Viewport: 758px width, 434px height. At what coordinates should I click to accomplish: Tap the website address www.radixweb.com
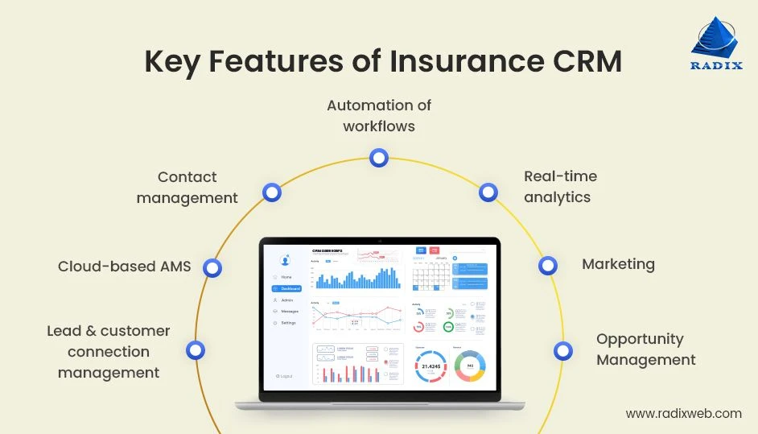pyautogui.click(x=683, y=413)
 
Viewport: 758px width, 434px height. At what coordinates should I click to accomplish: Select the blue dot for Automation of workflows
pyautogui.click(x=379, y=158)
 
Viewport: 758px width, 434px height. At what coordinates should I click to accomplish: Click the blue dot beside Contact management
pyautogui.click(x=272, y=192)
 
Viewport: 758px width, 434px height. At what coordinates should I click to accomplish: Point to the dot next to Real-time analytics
pyautogui.click(x=488, y=192)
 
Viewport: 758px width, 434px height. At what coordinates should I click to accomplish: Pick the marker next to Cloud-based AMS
pyautogui.click(x=212, y=268)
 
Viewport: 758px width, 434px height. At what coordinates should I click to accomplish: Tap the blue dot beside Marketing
pyautogui.click(x=547, y=265)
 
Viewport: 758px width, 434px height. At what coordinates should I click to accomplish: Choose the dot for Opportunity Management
pyautogui.click(x=563, y=350)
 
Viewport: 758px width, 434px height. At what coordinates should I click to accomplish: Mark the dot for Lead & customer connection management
pyautogui.click(x=195, y=350)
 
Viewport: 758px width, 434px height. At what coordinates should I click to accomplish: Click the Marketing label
pyautogui.click(x=618, y=264)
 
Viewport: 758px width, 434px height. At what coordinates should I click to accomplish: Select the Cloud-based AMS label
pyautogui.click(x=125, y=266)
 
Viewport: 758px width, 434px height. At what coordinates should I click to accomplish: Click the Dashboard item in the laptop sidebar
pyautogui.click(x=287, y=288)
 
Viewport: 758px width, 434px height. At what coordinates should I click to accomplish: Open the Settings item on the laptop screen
pyautogui.click(x=287, y=323)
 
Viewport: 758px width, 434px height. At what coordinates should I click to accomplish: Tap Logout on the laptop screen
pyautogui.click(x=284, y=376)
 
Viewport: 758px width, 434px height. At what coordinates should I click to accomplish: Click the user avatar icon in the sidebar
pyautogui.click(x=284, y=260)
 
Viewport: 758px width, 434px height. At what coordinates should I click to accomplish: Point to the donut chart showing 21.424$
pyautogui.click(x=430, y=366)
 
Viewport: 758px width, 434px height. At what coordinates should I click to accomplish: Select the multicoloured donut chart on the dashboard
pyautogui.click(x=469, y=366)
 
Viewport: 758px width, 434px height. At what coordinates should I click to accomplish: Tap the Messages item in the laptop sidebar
pyautogui.click(x=287, y=311)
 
